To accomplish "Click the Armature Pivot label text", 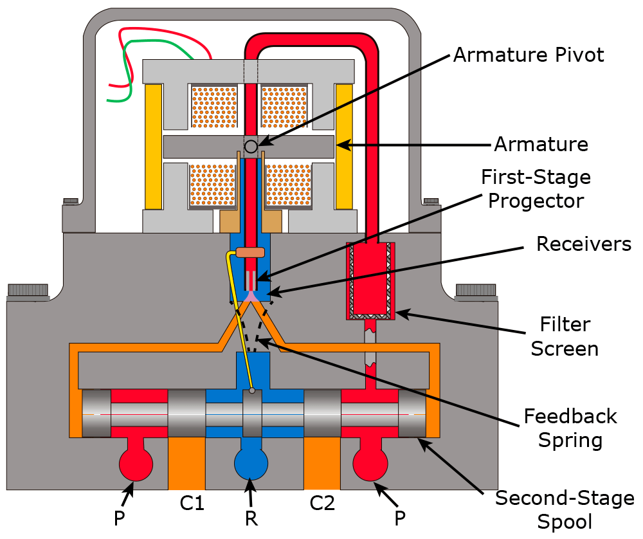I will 529,55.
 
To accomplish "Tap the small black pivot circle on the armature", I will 251,146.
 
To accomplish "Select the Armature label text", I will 541,144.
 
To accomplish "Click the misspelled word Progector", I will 536,201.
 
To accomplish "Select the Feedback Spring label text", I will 570,428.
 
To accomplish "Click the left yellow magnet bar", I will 153,146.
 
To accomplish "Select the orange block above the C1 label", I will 186,464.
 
